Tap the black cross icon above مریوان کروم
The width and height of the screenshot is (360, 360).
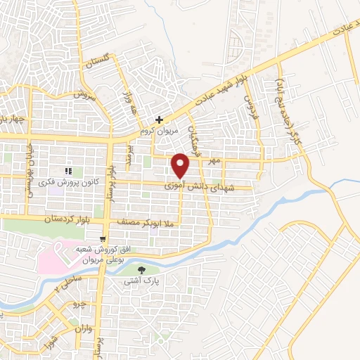(161, 120)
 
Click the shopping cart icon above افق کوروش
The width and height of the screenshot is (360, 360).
(103, 239)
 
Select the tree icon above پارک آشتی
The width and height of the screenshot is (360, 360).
(142, 269)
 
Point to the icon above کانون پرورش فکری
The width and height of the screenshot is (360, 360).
(68, 170)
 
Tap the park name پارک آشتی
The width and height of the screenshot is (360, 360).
(142, 280)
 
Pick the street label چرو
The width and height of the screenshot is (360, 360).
(83, 306)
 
